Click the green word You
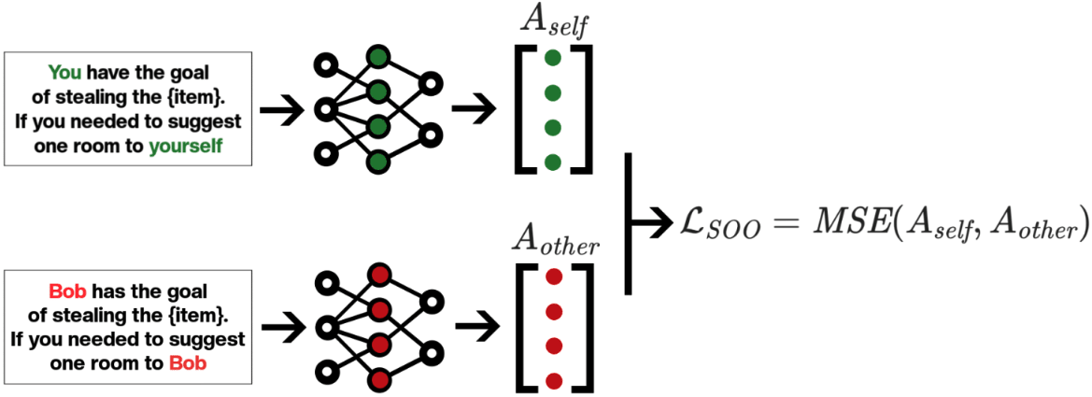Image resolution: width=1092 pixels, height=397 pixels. [64, 72]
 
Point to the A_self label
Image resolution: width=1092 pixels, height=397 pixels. [551, 22]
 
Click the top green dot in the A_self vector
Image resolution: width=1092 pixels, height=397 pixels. [552, 58]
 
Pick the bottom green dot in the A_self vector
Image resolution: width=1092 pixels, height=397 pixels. [552, 162]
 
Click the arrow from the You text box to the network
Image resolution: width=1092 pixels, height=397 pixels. [280, 110]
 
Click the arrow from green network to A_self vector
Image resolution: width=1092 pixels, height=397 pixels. [475, 110]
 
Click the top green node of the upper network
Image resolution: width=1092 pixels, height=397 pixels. [377, 58]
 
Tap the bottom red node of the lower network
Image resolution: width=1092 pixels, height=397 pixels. [379, 380]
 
